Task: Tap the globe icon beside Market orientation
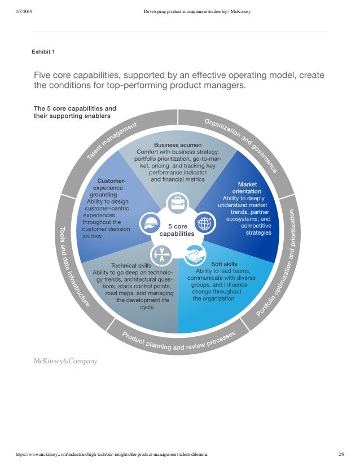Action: click(204, 223)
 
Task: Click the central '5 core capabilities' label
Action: click(177, 229)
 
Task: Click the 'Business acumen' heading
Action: click(178, 145)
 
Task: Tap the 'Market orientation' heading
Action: click(247, 188)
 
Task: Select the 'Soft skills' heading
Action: click(224, 263)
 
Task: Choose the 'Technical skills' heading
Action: click(131, 265)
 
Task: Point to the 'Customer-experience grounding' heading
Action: click(107, 188)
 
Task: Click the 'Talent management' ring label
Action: click(112, 141)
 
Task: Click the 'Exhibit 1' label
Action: click(43, 52)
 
